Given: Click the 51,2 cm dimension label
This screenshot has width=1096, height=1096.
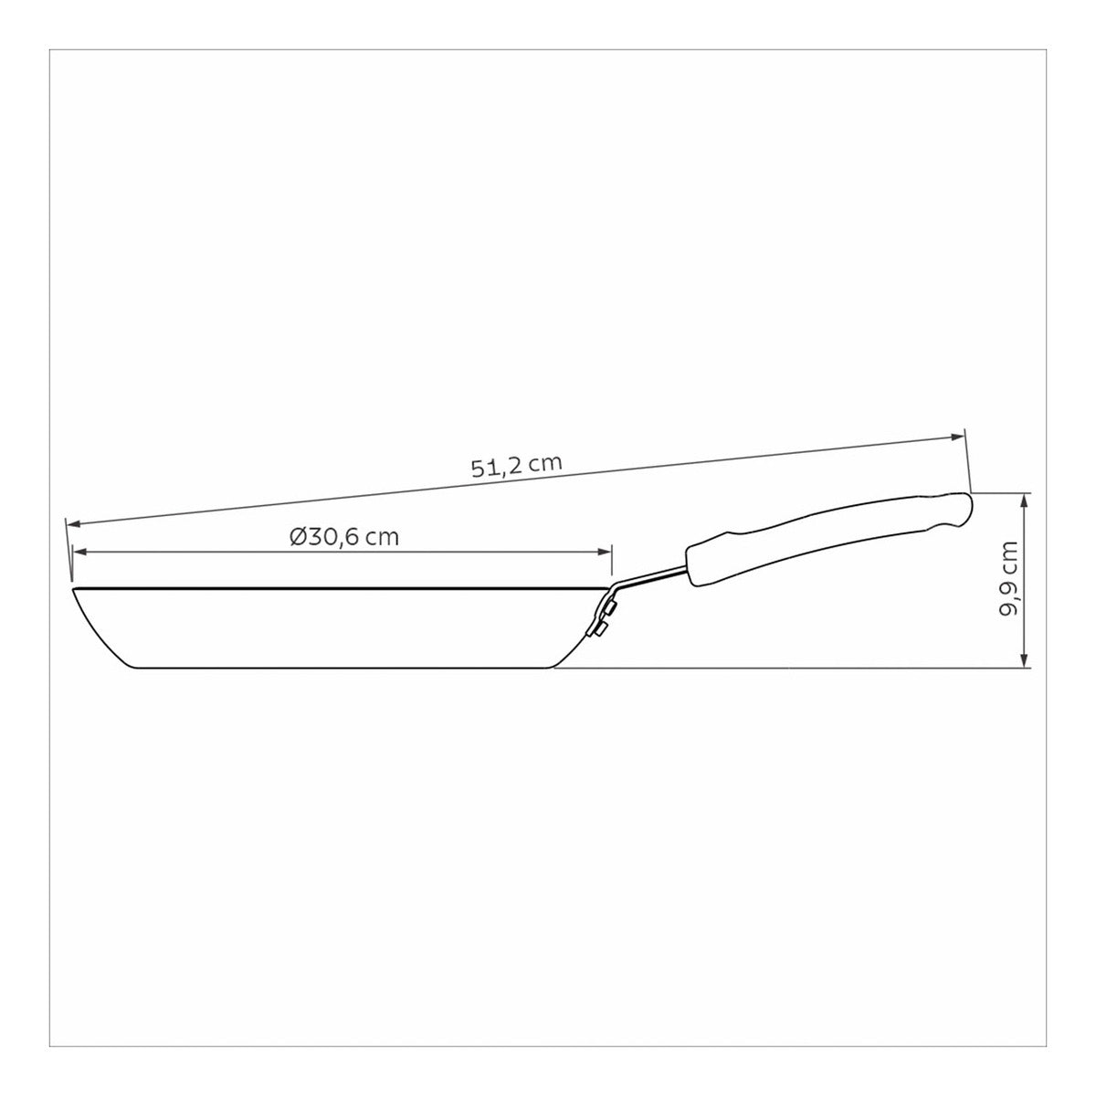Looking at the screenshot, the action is point(516,465).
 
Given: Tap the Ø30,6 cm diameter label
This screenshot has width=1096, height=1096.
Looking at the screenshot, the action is point(344,537).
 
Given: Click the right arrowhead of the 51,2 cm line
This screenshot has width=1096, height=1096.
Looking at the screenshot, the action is point(956,437).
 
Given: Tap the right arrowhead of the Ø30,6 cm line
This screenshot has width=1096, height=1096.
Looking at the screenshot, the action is point(604,551).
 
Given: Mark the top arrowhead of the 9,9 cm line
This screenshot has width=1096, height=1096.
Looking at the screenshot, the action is point(1025,501).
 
